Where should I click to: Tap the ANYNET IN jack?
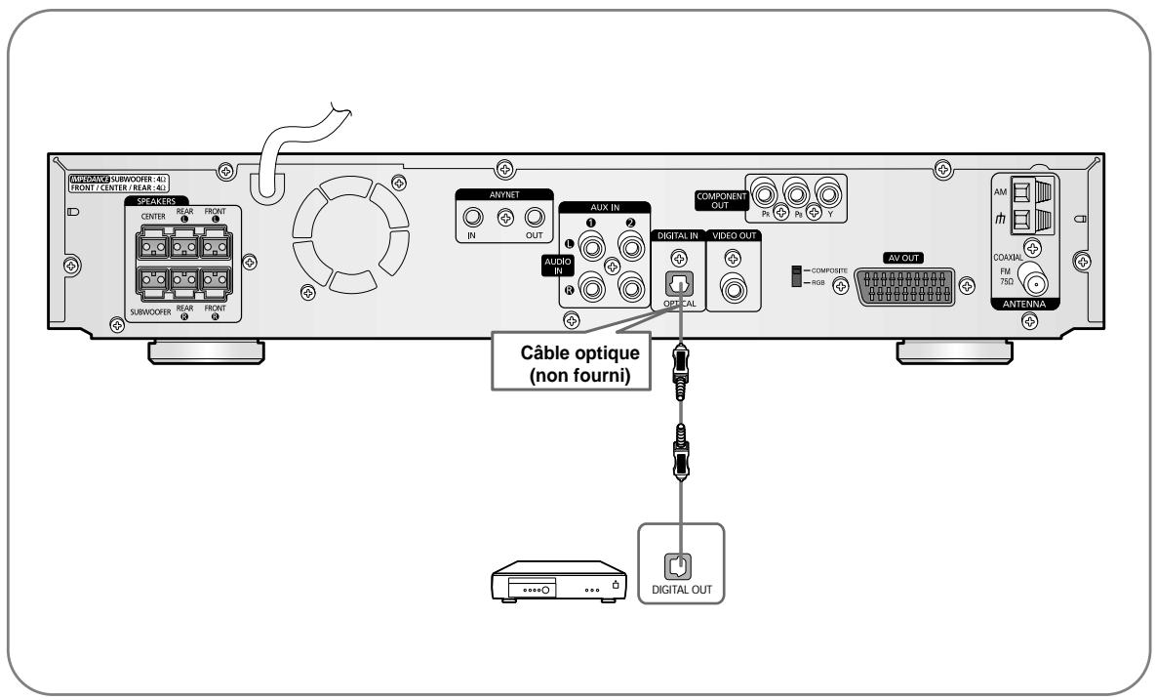(x=473, y=219)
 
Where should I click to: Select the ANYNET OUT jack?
(x=534, y=219)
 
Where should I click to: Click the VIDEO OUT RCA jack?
(x=733, y=289)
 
